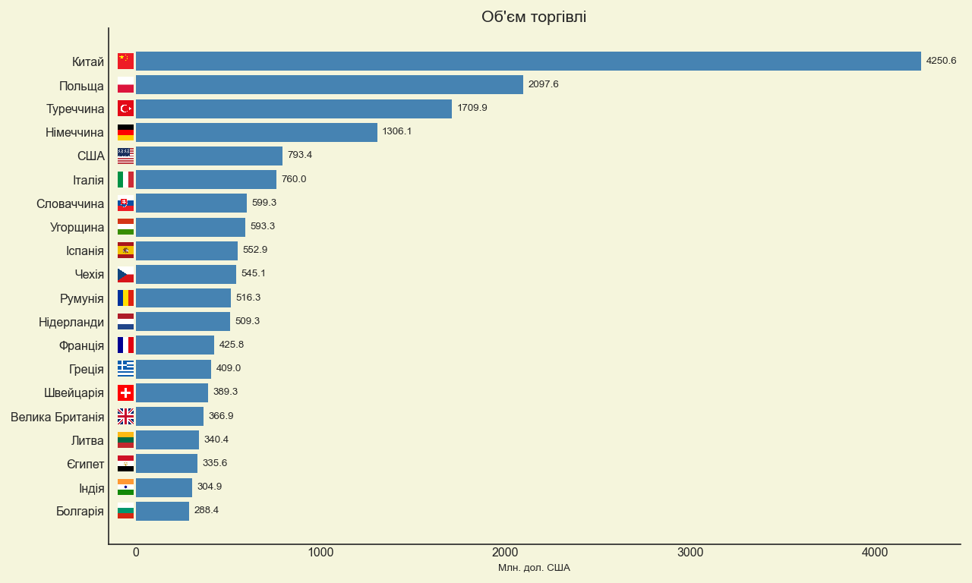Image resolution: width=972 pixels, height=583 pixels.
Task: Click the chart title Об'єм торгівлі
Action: pos(534,17)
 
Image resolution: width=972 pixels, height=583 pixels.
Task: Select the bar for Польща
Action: pos(330,84)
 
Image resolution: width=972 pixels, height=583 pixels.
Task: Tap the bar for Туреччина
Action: pos(294,109)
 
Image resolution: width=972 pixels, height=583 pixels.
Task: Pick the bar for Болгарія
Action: pos(163,511)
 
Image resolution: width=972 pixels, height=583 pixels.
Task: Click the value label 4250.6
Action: pos(941,61)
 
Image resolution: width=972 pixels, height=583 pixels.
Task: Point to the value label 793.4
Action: pos(300,155)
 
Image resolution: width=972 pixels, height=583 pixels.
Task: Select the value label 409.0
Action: pos(229,368)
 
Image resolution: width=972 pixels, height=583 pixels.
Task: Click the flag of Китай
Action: pos(125,61)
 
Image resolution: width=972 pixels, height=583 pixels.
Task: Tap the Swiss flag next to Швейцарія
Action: pos(125,392)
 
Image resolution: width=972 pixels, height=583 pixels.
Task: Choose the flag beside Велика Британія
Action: pos(125,417)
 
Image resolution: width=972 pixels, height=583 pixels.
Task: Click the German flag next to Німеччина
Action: pos(125,132)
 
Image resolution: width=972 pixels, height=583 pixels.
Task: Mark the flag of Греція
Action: pos(125,369)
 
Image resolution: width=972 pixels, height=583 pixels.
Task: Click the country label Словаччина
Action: pos(71,204)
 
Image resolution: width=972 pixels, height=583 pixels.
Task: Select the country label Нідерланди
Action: pos(71,323)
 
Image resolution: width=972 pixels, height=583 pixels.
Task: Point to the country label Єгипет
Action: pos(86,464)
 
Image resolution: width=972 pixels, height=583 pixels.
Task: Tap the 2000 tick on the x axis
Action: pos(505,552)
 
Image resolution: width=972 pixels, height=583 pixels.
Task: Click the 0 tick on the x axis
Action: pos(136,552)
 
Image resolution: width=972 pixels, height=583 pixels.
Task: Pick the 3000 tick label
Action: pos(690,552)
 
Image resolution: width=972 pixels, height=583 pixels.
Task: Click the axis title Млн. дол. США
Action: pos(534,568)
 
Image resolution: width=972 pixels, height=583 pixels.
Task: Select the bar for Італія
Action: pos(206,180)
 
